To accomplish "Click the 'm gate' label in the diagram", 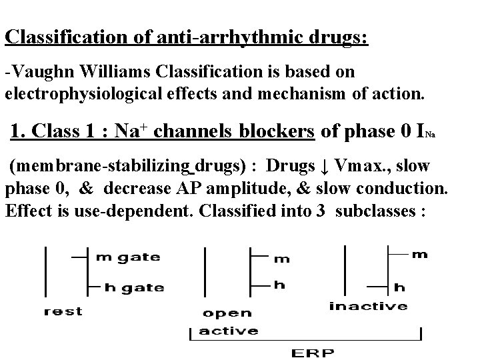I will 129,257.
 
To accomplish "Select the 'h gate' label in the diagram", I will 134,287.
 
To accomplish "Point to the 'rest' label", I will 63,311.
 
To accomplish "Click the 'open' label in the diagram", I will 227,313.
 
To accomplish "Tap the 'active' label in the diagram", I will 229,330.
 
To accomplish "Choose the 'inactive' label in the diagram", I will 368,306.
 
